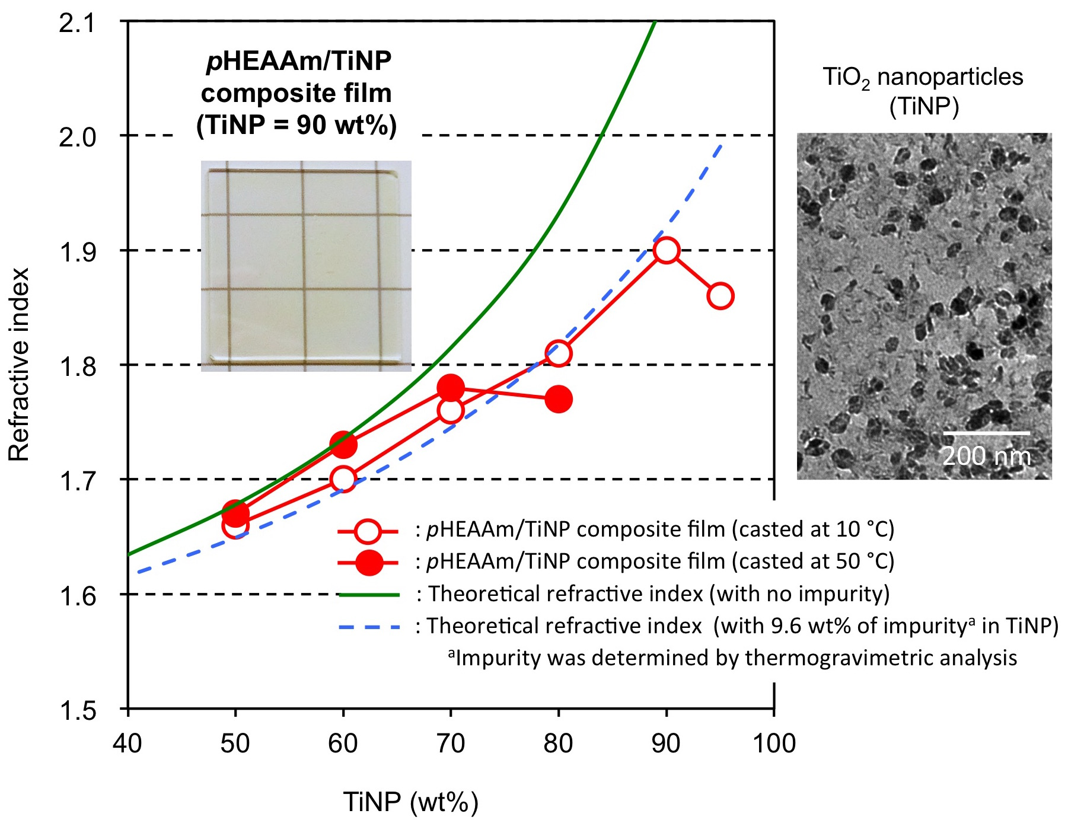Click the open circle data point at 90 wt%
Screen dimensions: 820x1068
666,250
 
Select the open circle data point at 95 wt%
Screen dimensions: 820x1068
720,296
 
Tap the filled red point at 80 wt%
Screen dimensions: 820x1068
558,399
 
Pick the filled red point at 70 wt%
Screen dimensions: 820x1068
451,388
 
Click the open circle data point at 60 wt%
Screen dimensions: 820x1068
343,478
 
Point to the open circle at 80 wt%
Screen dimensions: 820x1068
558,353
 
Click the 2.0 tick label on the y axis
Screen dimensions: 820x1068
77,137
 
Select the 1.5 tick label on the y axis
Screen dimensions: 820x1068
77,710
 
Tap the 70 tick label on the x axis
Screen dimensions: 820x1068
451,744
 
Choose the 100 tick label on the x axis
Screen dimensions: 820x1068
774,744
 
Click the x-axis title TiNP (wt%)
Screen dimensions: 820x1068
410,802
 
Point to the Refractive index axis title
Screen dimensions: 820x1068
19,365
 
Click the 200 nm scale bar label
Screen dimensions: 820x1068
986,456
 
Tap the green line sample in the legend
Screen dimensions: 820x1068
369,594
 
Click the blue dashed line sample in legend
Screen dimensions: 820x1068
369,626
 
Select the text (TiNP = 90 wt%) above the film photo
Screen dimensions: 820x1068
297,125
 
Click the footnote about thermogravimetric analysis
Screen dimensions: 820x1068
732,658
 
